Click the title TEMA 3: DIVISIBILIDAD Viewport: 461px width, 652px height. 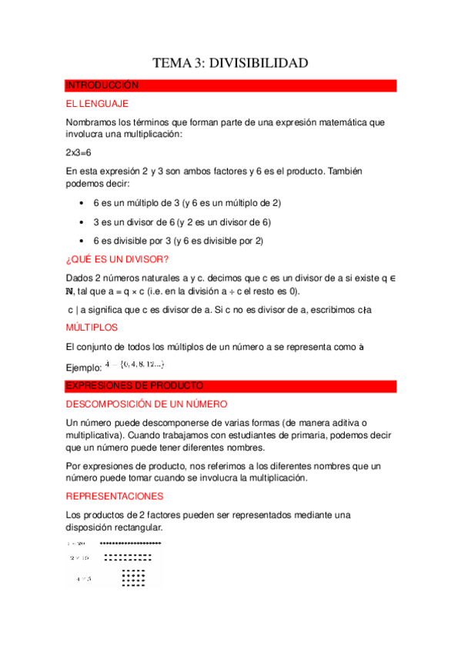tap(230, 63)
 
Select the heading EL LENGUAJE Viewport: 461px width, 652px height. tap(97, 104)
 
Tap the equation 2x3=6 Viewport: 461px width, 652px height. tap(79, 153)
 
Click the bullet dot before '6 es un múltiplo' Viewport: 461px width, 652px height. tap(82, 203)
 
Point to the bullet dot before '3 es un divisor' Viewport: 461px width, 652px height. tap(82, 222)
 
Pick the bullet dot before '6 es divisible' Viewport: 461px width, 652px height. tap(82, 241)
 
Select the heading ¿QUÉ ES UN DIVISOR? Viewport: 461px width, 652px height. tap(118, 259)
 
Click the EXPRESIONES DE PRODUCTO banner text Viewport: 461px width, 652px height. tap(135, 385)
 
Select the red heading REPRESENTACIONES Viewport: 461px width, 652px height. tap(115, 497)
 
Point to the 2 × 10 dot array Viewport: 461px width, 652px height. tap(128, 557)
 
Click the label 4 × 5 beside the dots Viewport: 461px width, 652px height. tap(83, 578)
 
